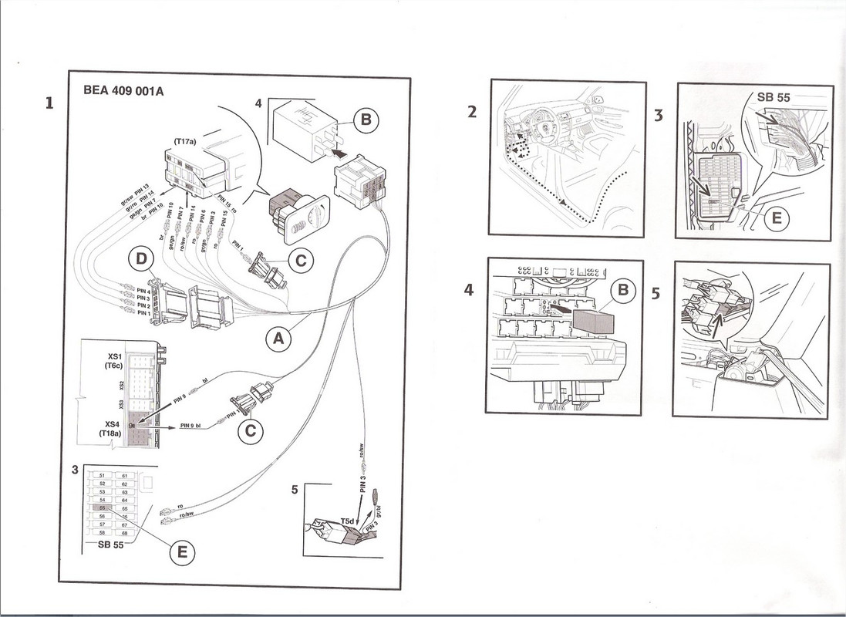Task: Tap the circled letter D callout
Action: pyautogui.click(x=141, y=261)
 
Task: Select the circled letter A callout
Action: pyautogui.click(x=279, y=338)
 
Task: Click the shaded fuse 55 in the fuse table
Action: pyautogui.click(x=104, y=508)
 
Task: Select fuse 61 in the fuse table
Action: pyautogui.click(x=124, y=476)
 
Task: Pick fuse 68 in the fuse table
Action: pyautogui.click(x=124, y=532)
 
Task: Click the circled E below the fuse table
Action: pyautogui.click(x=182, y=552)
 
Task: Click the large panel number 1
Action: pyautogui.click(x=49, y=103)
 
